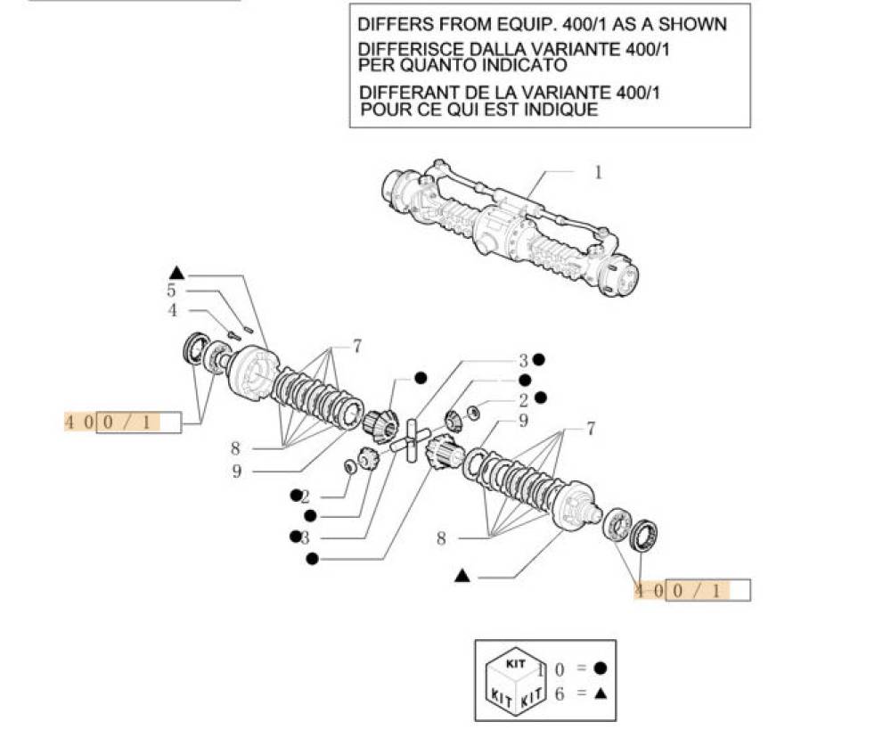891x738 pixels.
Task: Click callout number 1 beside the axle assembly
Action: click(599, 171)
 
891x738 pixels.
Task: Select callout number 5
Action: click(171, 290)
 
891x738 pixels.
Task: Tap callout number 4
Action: click(172, 310)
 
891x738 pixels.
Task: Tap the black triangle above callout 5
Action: click(176, 272)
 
